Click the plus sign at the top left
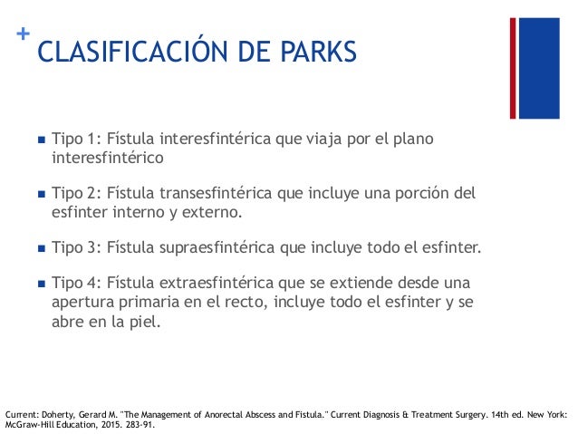pos(23,34)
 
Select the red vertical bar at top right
pos(513,67)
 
